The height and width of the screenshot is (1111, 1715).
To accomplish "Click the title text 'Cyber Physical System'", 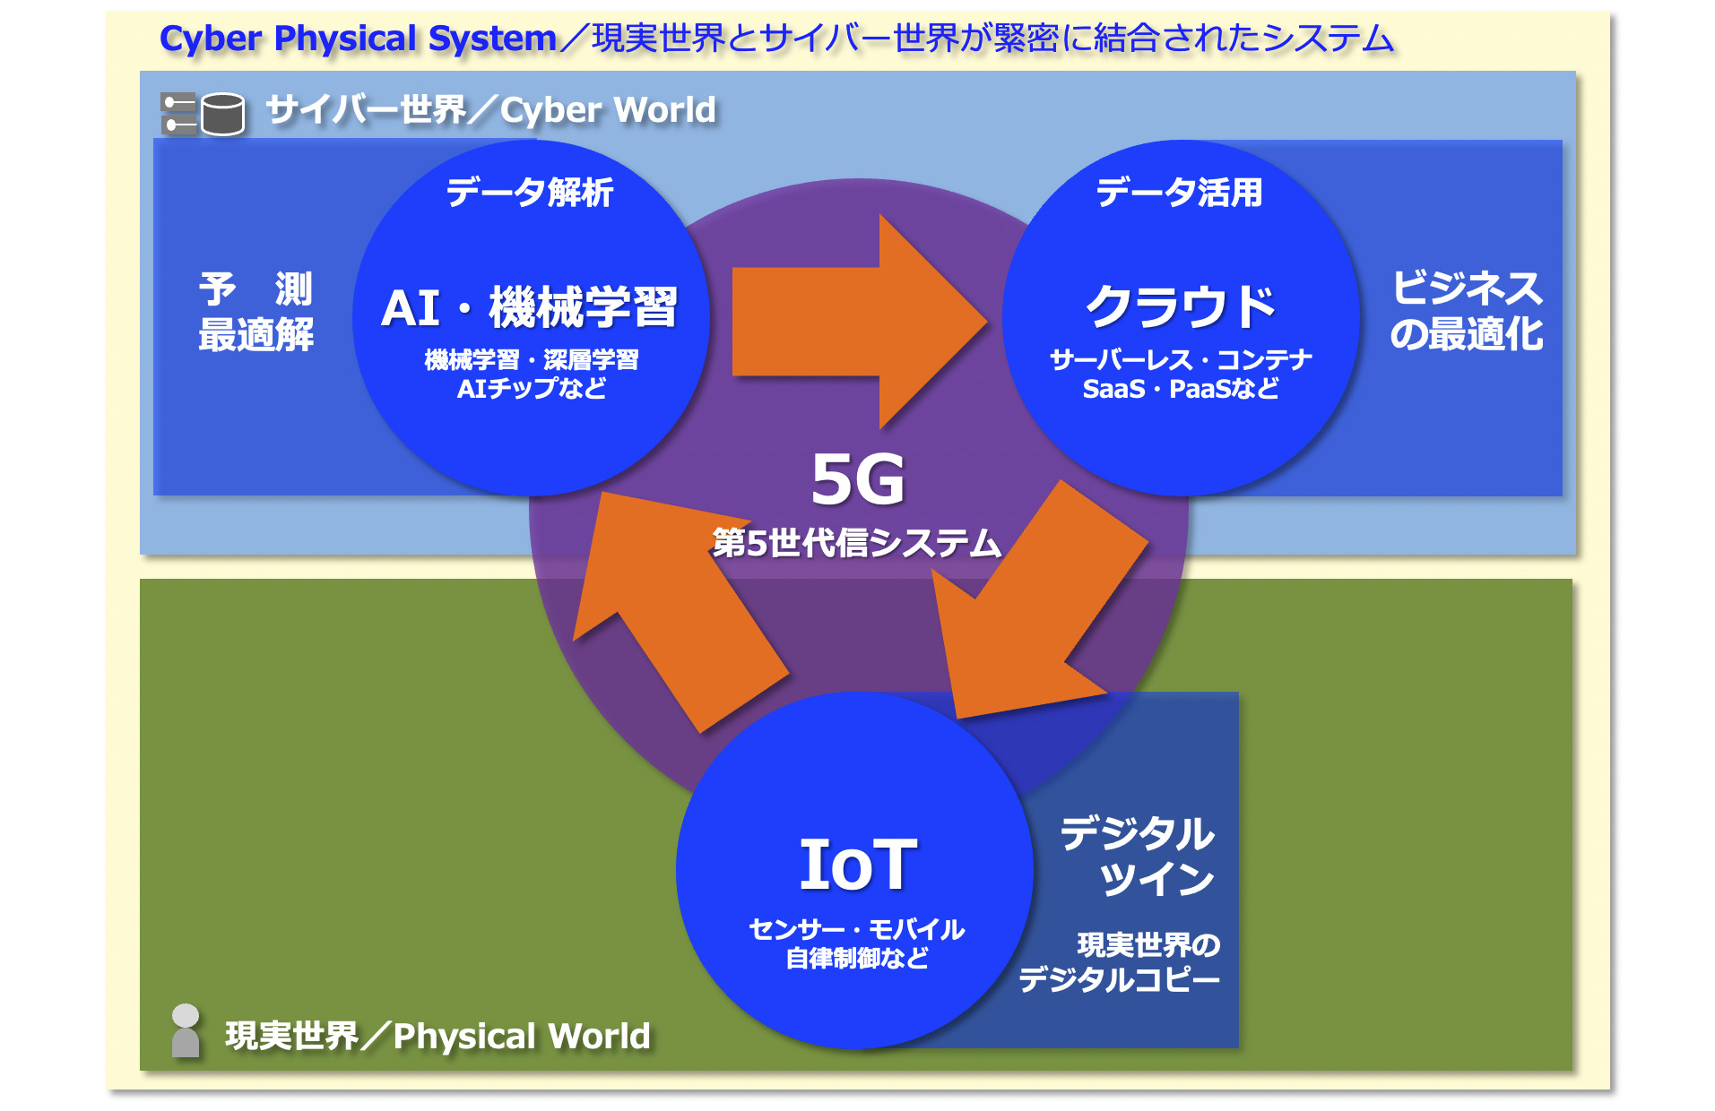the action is [358, 39].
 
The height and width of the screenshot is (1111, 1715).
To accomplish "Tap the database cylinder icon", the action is [222, 114].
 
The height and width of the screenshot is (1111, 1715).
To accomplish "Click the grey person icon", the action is [186, 1030].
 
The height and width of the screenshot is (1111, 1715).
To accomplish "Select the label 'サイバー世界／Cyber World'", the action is [491, 110].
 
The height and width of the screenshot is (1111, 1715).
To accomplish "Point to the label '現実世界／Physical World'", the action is [437, 1036].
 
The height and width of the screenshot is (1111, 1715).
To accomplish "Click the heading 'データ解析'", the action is [530, 193].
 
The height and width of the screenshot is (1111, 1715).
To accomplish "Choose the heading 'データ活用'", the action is [1179, 193].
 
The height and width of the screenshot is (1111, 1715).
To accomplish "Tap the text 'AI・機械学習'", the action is [529, 307].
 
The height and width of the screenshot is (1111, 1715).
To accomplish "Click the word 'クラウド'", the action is [1180, 306].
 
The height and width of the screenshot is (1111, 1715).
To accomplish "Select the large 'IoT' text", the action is [858, 865].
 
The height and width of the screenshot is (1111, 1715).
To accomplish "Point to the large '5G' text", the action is [858, 479].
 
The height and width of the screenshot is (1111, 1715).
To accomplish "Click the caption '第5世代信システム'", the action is [856, 543].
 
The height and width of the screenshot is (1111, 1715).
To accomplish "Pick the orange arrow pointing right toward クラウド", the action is [859, 322].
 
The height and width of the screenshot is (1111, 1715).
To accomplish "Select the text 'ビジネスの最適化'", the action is [1467, 311].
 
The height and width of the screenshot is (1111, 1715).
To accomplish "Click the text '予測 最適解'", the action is [256, 312].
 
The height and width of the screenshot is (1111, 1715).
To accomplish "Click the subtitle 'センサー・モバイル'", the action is [857, 929].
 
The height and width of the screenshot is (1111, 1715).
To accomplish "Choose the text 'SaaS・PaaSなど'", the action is [1181, 389].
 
